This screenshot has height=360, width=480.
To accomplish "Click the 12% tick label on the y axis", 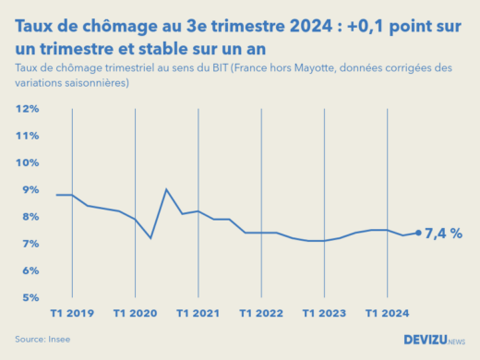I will coord(27,109).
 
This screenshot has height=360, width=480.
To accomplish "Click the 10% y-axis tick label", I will coord(27,162).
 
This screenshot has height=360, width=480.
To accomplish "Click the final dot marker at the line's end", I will coord(418,233).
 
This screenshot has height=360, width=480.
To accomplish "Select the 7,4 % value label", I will coord(444,234).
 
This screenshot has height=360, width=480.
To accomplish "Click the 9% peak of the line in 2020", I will coord(166,189).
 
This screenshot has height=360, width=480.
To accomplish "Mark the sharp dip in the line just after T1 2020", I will coord(150,238).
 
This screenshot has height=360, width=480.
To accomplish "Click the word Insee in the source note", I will coord(59,340).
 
